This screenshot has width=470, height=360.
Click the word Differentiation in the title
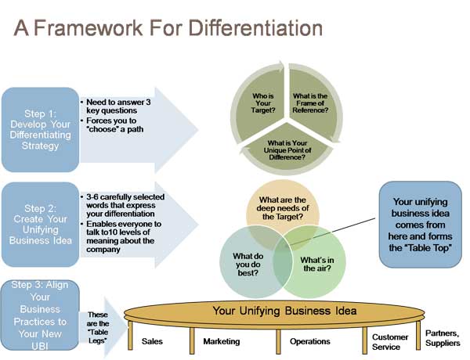click(x=255, y=28)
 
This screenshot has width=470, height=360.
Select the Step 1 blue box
click(x=40, y=130)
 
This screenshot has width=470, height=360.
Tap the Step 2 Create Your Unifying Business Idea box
click(x=40, y=225)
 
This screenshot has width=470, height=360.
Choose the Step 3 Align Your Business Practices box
click(x=40, y=315)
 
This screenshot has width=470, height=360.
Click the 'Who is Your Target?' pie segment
click(x=262, y=103)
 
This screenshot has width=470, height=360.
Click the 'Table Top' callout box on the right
click(x=420, y=225)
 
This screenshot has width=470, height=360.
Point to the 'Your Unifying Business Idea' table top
click(x=274, y=313)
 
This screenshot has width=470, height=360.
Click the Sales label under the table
click(x=152, y=341)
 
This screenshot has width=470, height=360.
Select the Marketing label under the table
click(x=222, y=341)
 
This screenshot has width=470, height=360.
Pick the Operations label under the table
click(x=310, y=341)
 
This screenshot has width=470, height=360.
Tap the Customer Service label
click(x=390, y=342)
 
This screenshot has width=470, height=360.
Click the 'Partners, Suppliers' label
click(x=443, y=338)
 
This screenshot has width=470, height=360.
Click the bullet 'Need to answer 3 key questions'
click(x=116, y=106)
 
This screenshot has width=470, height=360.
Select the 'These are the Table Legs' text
click(x=98, y=328)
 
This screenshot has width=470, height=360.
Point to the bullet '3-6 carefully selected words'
click(x=123, y=205)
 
